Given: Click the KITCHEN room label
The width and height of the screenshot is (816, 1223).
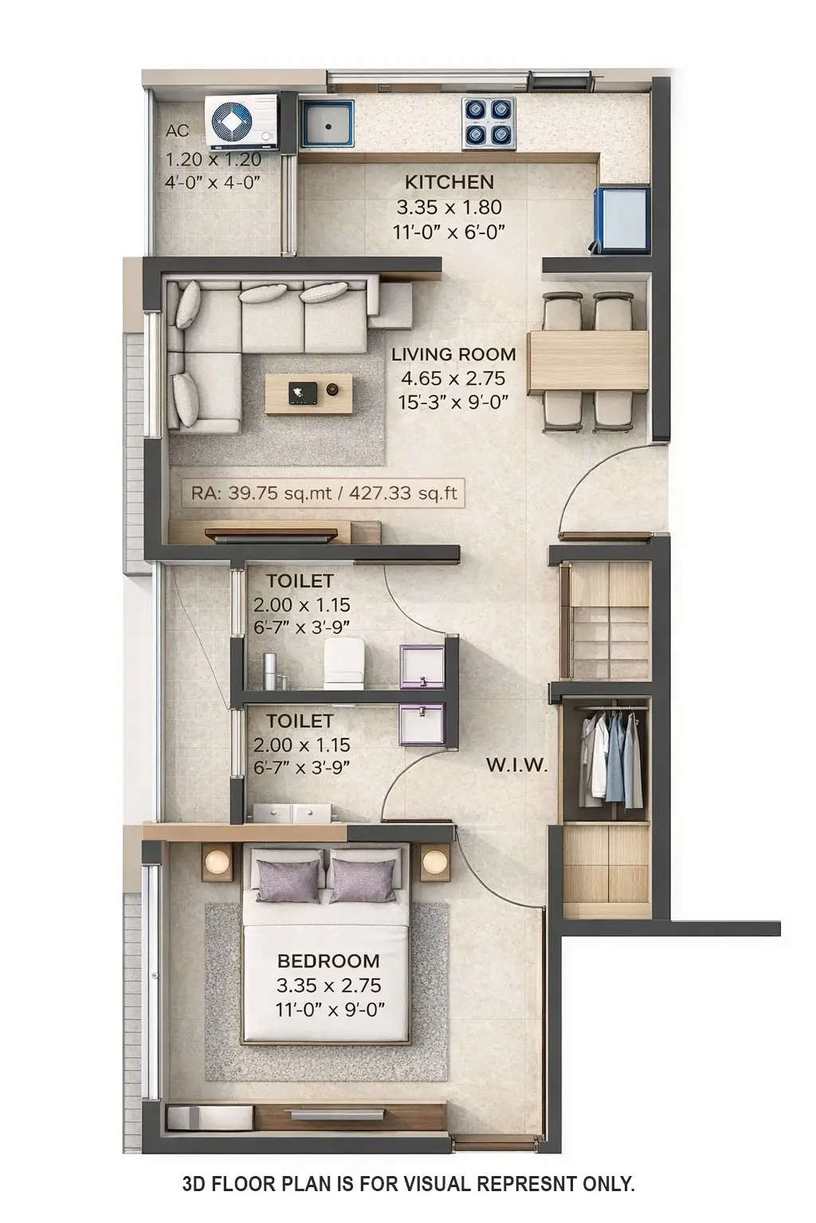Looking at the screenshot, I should pyautogui.click(x=449, y=182).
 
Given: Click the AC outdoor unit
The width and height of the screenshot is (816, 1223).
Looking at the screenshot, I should pyautogui.click(x=242, y=121).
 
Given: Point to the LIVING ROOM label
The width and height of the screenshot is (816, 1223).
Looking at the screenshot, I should pyautogui.click(x=453, y=354).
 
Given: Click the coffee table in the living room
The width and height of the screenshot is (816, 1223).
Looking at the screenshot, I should pyautogui.click(x=308, y=394).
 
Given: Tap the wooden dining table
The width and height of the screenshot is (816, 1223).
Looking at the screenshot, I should pyautogui.click(x=589, y=361).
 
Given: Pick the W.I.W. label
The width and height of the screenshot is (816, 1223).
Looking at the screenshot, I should pyautogui.click(x=517, y=766).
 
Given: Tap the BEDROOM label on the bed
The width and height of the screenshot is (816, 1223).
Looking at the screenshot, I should pyautogui.click(x=328, y=961).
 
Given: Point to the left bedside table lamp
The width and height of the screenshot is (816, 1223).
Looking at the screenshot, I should pyautogui.click(x=218, y=862).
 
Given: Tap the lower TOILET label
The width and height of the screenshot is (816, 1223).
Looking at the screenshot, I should pyautogui.click(x=300, y=721).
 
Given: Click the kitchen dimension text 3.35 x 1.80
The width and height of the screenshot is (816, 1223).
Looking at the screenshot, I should pyautogui.click(x=449, y=207).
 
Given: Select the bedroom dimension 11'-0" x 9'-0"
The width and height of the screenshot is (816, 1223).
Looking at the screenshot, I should pyautogui.click(x=330, y=1010).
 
